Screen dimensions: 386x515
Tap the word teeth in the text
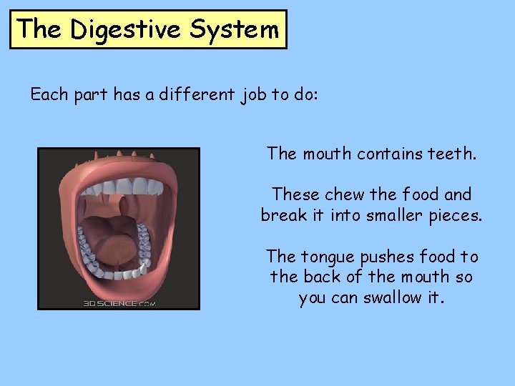452,153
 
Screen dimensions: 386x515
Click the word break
285,214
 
